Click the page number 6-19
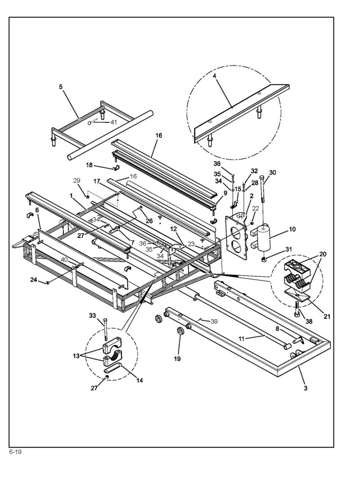coord(15,452)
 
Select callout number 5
coord(61,87)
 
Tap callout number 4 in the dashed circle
coord(215,76)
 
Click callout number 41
coord(114,122)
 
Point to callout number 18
coord(89,165)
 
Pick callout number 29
coord(76,180)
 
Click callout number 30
coord(273,172)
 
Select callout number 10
coord(292,229)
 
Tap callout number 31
coord(289,249)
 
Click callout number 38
coord(309,321)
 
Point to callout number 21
coord(327,316)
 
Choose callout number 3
coord(306,388)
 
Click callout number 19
coord(177,359)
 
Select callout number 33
coord(92,315)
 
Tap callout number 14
coord(139,380)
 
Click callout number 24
coord(33,280)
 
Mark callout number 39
coord(214,321)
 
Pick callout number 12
coord(173,229)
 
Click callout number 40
coord(64,260)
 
